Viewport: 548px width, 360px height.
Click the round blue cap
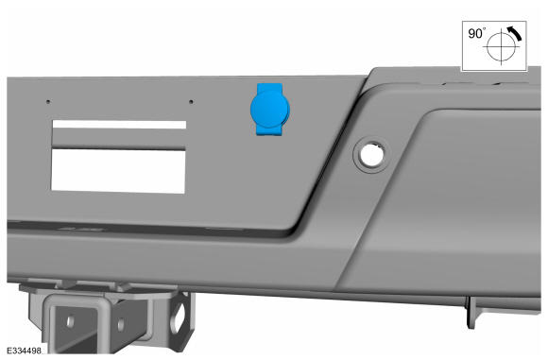(270, 109)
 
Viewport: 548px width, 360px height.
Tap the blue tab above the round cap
(269, 87)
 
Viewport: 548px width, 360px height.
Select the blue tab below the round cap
(269, 130)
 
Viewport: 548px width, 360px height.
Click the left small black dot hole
(48, 102)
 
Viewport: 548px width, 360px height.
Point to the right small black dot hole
(191, 102)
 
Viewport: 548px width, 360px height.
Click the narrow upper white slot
(119, 125)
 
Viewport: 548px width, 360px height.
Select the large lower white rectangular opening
(118, 171)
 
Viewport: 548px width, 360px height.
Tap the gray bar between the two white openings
(119, 139)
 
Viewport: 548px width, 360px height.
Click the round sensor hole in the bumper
(370, 155)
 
